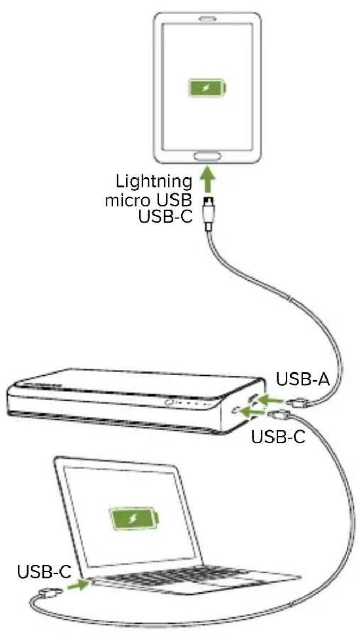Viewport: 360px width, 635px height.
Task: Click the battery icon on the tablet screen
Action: [207, 88]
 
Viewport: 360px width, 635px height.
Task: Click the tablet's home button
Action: [208, 156]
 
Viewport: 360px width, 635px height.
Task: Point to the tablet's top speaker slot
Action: [208, 19]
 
